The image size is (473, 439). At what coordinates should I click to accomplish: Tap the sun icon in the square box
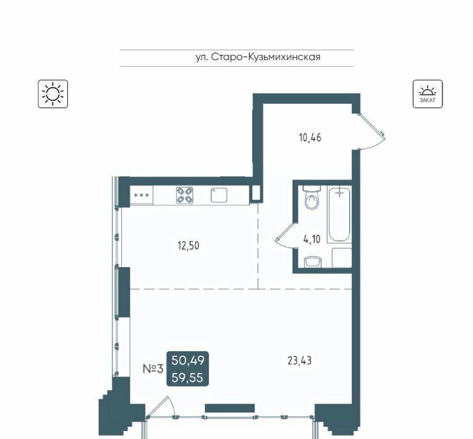[x=53, y=94]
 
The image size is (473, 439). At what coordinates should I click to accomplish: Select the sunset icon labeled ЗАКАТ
[x=428, y=94]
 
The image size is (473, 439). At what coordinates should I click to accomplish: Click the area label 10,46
[x=310, y=138]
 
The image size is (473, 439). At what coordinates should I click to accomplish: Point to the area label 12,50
[x=189, y=246]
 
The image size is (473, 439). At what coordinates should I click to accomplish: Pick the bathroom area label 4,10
[x=312, y=239]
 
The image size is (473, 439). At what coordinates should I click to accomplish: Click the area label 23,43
[x=299, y=361]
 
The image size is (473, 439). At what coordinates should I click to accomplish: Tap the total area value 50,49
[x=188, y=360]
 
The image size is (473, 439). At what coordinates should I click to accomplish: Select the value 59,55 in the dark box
[x=187, y=378]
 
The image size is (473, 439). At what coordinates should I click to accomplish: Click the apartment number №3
[x=153, y=369]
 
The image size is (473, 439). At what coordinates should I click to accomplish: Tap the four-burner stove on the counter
[x=185, y=195]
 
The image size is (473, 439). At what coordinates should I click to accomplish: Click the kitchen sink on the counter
[x=219, y=195]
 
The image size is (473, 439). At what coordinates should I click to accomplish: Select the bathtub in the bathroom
[x=339, y=214]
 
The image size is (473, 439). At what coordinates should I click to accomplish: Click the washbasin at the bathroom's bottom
[x=313, y=262]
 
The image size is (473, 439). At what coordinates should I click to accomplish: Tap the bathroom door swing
[x=286, y=236]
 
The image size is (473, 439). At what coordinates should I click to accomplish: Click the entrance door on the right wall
[x=371, y=132]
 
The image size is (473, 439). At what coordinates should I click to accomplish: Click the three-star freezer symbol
[x=142, y=195]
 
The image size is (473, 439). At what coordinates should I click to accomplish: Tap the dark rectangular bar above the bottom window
[x=230, y=408]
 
